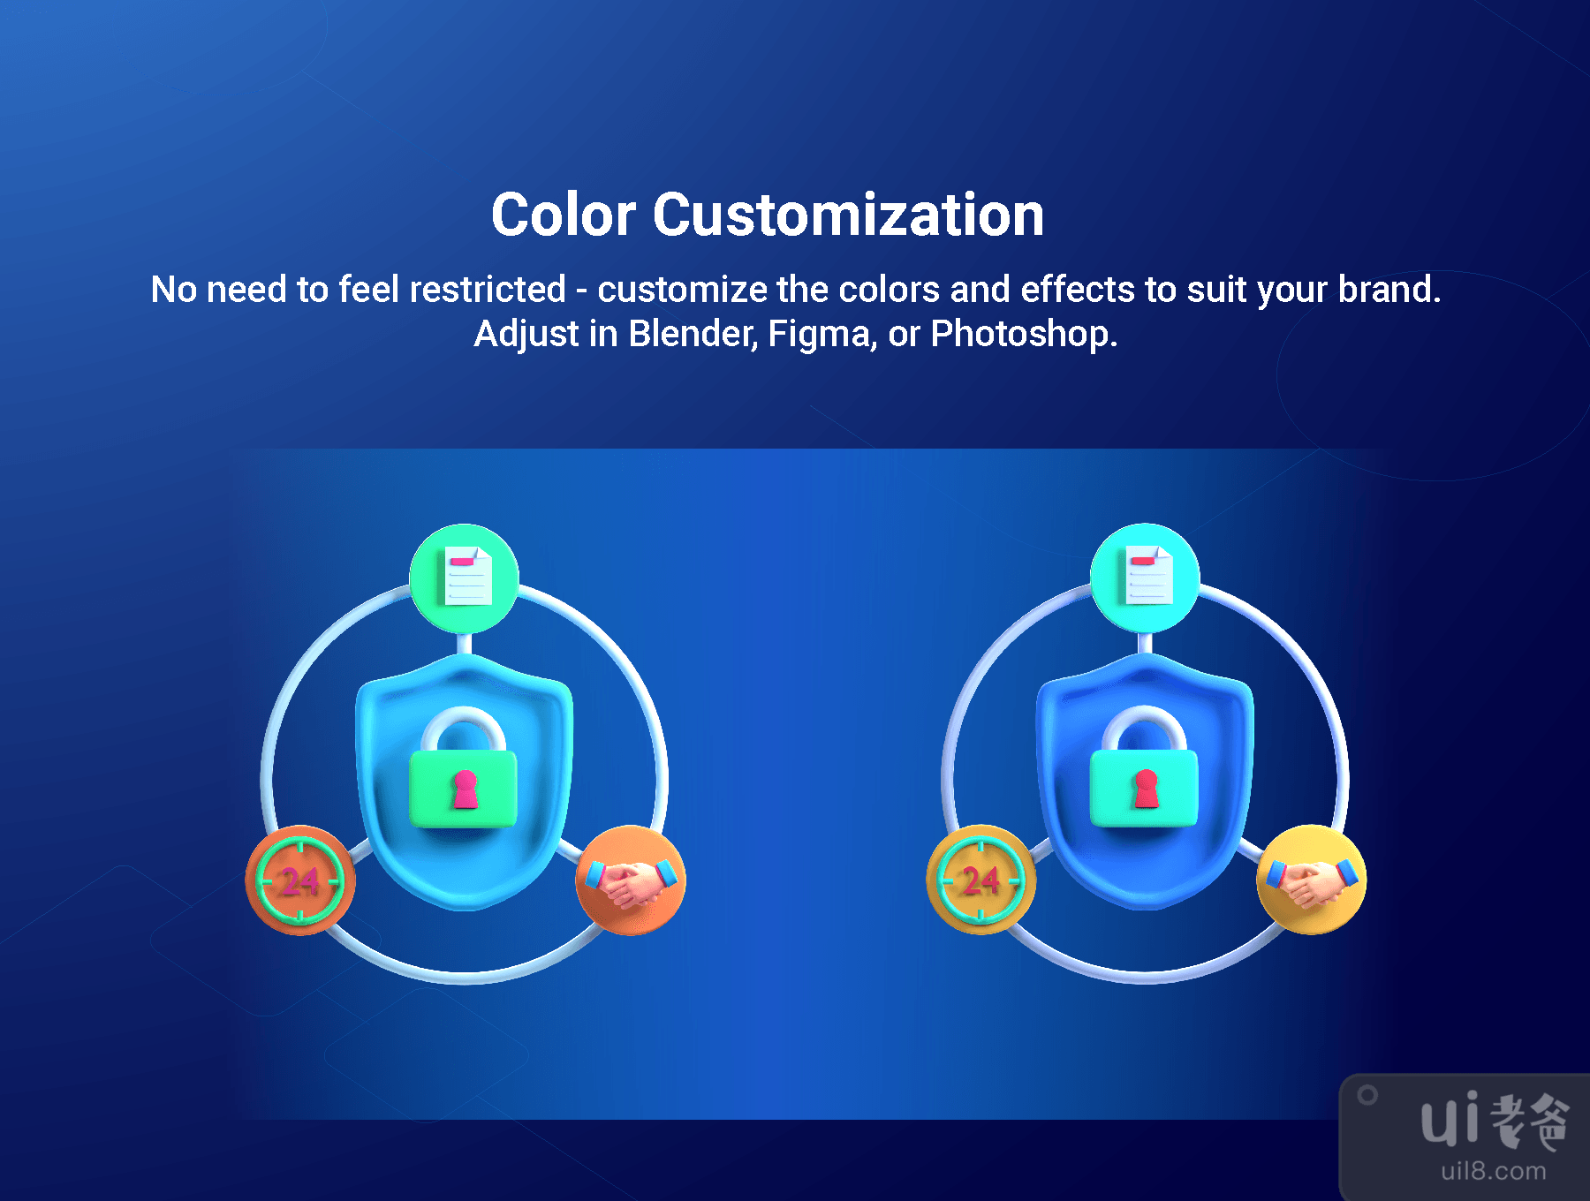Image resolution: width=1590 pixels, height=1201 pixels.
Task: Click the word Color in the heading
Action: pyautogui.click(x=564, y=215)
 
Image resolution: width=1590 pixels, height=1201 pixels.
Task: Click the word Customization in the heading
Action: pyautogui.click(x=849, y=215)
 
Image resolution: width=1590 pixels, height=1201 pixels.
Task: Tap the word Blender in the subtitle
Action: pyautogui.click(x=693, y=334)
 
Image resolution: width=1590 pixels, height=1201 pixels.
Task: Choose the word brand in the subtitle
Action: pyautogui.click(x=1389, y=290)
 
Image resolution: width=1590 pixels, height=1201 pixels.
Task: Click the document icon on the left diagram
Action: pyautogui.click(x=468, y=577)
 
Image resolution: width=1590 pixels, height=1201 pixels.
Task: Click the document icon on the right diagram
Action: pyautogui.click(x=1149, y=576)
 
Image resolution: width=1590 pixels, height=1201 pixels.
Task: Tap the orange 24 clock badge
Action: pyautogui.click(x=300, y=880)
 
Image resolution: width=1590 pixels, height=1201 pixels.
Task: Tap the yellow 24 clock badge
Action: pyautogui.click(x=981, y=880)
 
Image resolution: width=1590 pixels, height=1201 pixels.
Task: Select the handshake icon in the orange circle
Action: pyautogui.click(x=631, y=881)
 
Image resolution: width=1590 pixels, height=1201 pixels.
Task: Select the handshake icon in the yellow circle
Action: pyautogui.click(x=1312, y=880)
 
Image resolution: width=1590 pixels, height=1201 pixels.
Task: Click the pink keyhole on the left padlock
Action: pyautogui.click(x=465, y=789)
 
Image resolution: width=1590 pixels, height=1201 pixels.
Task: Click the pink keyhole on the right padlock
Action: pyautogui.click(x=1146, y=789)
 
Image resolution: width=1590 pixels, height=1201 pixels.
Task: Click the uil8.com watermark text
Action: pyautogui.click(x=1494, y=1171)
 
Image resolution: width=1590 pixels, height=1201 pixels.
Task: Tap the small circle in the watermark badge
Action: pyautogui.click(x=1367, y=1095)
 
